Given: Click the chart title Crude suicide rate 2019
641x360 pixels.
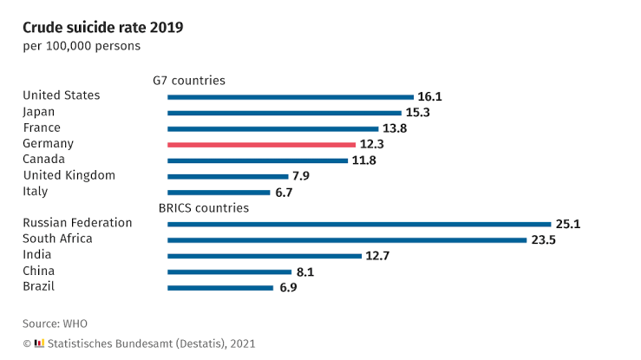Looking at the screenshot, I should [x=103, y=27].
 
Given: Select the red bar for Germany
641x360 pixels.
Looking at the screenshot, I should [x=261, y=144].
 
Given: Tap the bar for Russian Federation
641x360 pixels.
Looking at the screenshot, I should [x=359, y=224].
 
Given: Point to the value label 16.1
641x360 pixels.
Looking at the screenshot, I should [x=430, y=97].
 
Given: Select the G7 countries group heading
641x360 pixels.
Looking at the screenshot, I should [x=189, y=81].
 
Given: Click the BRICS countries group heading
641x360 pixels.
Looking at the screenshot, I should [x=204, y=208].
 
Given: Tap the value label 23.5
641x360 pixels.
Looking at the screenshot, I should [x=543, y=240].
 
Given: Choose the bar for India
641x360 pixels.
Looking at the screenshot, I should [x=265, y=256].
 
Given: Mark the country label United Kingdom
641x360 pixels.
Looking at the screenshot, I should [x=69, y=175].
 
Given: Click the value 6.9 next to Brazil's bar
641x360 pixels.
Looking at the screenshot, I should [x=288, y=288].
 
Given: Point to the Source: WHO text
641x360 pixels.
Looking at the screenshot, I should [x=55, y=324].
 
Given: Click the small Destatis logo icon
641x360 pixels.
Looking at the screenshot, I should [x=39, y=344].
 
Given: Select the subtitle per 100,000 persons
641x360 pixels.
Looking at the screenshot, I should [x=82, y=46].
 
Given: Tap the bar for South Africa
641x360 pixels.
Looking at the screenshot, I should [x=347, y=240].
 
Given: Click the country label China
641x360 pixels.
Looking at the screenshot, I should [x=39, y=271].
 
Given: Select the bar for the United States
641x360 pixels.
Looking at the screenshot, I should [x=291, y=97].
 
